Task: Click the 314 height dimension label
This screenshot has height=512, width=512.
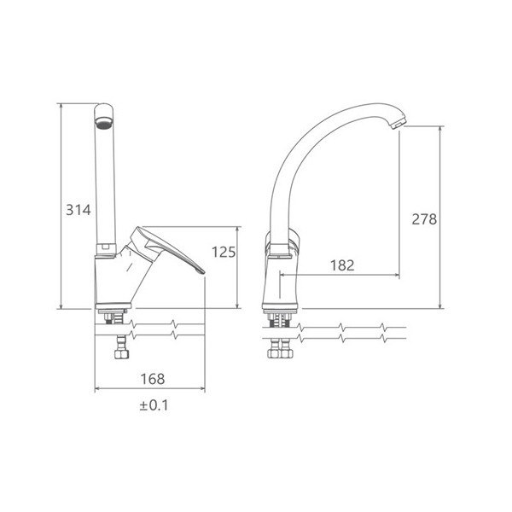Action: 79,210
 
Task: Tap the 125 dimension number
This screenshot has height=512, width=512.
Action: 224,252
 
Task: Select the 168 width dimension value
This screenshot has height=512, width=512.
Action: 153,379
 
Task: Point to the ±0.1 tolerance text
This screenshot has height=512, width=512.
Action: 154,405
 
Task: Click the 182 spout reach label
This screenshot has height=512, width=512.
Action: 342,265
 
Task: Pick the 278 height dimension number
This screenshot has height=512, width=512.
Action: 424,219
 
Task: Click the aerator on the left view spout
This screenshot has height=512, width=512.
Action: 104,123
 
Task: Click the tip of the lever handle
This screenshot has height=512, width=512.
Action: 203,271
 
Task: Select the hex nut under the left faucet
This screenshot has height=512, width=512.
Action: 122,353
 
